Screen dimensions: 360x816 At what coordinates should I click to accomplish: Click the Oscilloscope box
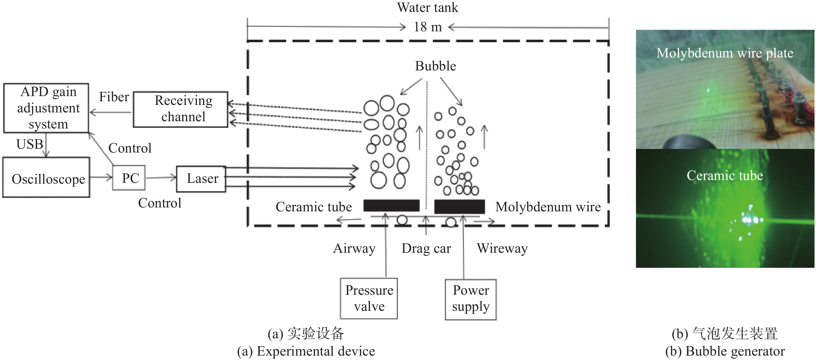coord(47,178)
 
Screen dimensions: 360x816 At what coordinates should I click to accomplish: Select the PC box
coord(129,178)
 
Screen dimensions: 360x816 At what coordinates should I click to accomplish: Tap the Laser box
coord(201,179)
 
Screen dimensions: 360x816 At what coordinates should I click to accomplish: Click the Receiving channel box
coord(181,109)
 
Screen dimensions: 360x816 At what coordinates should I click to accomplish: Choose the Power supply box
coord(471,299)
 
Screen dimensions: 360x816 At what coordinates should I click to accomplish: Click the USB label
coord(30,144)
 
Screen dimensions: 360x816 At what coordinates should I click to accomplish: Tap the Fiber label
coord(114,97)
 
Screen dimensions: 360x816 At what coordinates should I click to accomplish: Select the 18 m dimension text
coord(428,27)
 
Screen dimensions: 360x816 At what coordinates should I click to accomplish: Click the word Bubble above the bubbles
coord(435,66)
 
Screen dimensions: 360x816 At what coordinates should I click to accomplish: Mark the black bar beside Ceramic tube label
coord(391,205)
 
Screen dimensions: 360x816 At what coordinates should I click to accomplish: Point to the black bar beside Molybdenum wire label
coord(459,206)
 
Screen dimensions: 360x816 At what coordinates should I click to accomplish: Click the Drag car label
coord(426,249)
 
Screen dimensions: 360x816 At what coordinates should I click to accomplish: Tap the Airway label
coord(354,249)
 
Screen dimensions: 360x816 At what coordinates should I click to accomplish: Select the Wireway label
coord(502,249)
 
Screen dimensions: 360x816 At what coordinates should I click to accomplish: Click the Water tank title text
coord(428,8)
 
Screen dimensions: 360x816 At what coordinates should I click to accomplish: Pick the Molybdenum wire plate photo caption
coord(725,53)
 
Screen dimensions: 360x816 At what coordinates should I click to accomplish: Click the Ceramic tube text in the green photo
coord(725,175)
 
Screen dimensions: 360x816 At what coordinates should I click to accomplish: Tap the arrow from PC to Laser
coord(161,178)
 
